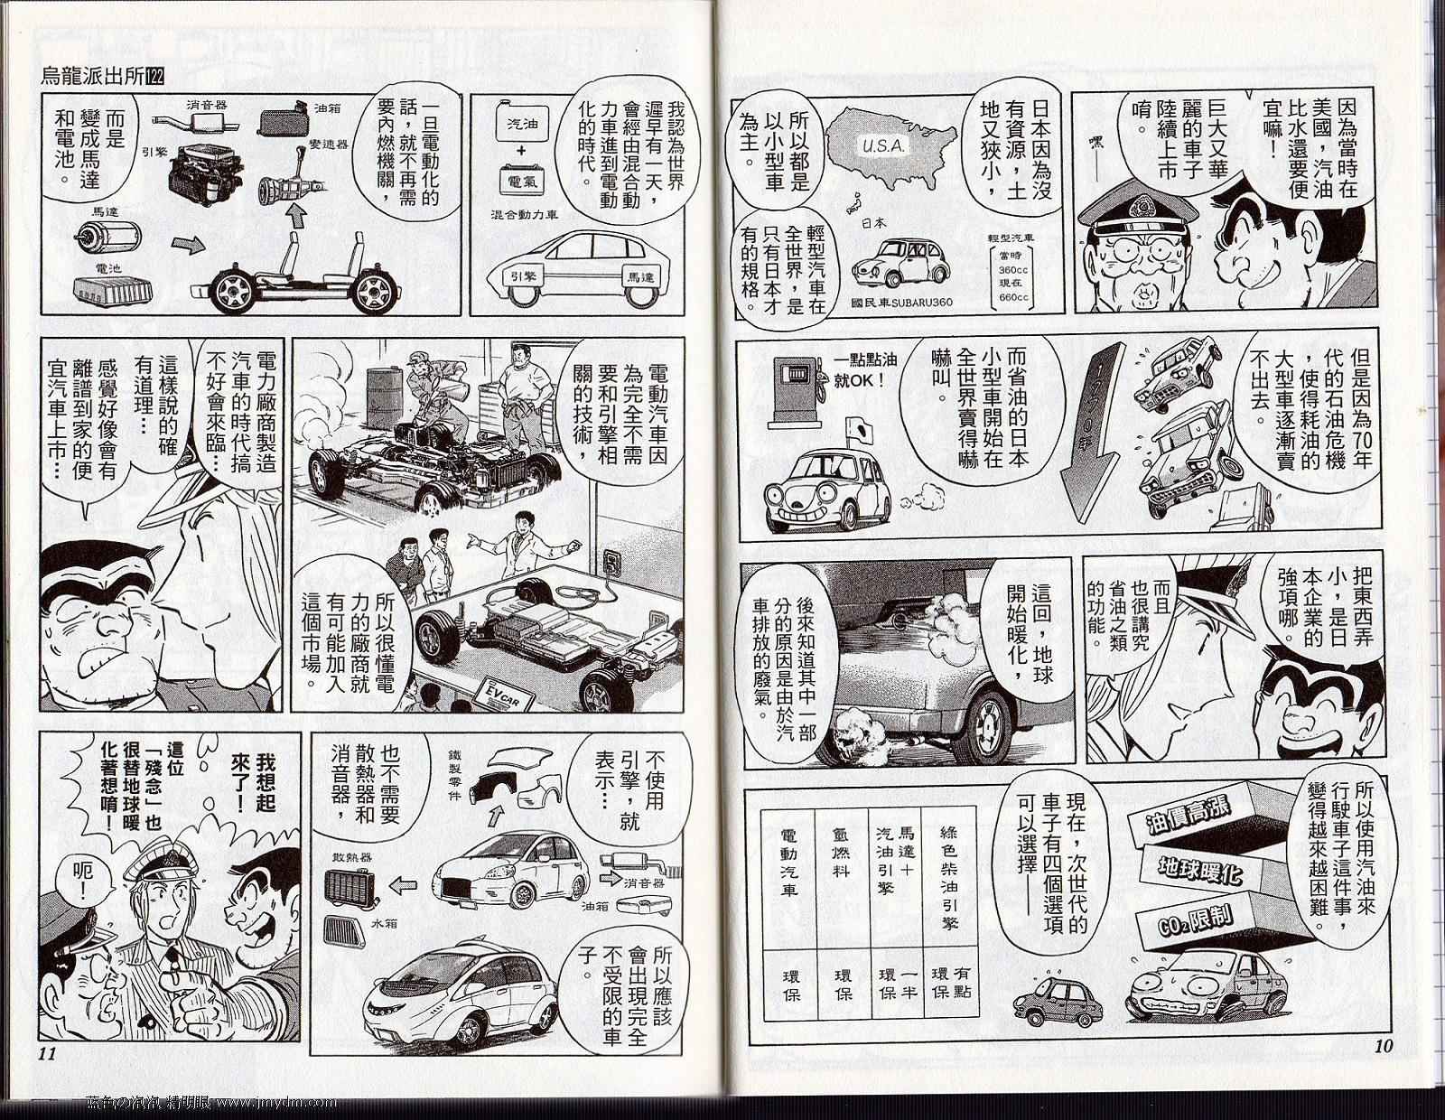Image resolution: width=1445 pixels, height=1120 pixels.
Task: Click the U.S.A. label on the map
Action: [x=884, y=146]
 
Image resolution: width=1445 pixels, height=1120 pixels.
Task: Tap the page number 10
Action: [x=1384, y=1046]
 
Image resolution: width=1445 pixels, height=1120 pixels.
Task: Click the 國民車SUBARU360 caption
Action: [x=901, y=303]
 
